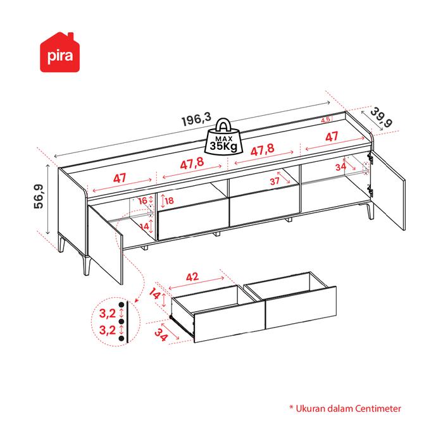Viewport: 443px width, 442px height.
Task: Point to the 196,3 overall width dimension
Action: (196, 118)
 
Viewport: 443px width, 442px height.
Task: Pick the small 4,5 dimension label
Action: (326, 120)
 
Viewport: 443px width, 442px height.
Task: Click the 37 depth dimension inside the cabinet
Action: (275, 180)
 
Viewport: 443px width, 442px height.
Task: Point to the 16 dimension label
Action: (142, 200)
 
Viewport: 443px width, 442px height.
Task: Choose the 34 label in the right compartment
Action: (340, 167)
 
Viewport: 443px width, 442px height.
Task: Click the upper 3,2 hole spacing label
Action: (108, 312)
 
